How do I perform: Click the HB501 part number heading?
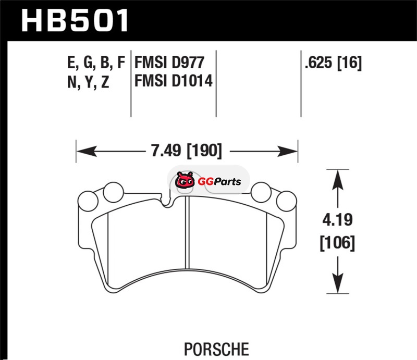pos(75,20)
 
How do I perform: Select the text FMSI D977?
pos(169,63)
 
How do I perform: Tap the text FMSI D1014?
pos(174,81)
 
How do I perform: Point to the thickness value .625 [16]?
pos(333,63)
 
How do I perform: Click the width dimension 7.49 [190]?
pos(187,151)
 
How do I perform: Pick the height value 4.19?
pos(337,220)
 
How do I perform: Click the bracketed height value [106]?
pos(337,242)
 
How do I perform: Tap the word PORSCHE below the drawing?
pos(216,349)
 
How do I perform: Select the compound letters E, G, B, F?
pos(96,63)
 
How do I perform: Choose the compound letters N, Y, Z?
pos(88,82)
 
